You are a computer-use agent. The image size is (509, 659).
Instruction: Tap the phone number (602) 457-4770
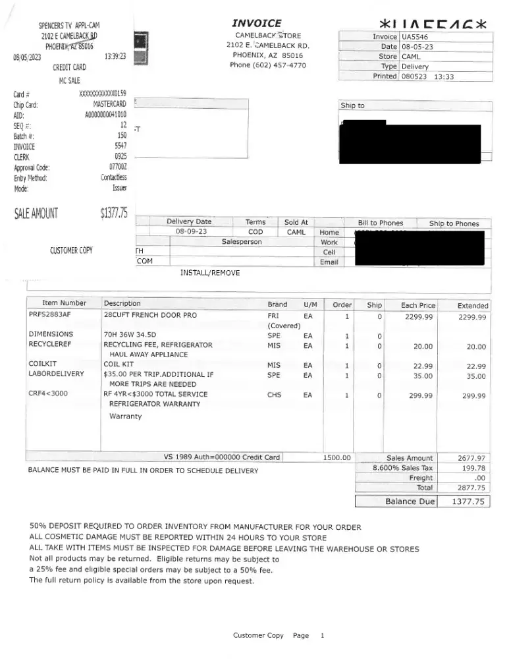click(x=267, y=65)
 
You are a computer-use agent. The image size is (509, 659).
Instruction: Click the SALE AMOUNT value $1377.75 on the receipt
click(x=113, y=212)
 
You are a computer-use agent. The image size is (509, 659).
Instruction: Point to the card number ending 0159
click(x=102, y=94)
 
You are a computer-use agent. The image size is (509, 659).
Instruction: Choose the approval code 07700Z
click(x=117, y=167)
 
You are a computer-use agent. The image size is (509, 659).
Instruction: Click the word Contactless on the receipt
click(x=113, y=178)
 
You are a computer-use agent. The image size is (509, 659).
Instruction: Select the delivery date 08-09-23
click(x=192, y=232)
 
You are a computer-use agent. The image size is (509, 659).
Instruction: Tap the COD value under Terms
click(x=255, y=232)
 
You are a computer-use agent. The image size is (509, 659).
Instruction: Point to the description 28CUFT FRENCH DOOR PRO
click(x=150, y=315)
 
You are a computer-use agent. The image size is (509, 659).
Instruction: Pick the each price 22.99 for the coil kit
click(x=422, y=366)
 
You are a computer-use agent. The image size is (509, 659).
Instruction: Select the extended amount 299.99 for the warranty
click(x=473, y=396)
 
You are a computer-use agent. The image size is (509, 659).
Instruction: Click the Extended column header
click(x=473, y=305)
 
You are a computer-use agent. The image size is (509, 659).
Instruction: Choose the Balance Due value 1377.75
click(x=468, y=501)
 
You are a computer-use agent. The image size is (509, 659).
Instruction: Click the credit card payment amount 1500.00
click(x=337, y=457)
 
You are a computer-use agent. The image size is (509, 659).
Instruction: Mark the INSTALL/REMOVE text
click(x=209, y=273)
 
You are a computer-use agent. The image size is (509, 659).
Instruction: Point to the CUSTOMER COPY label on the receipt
click(x=71, y=250)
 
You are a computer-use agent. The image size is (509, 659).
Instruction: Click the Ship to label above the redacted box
click(x=352, y=105)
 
